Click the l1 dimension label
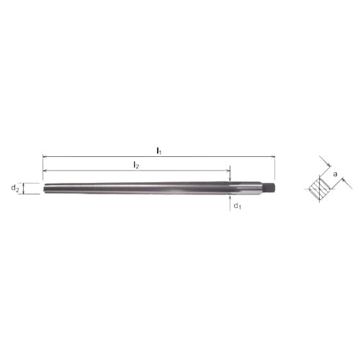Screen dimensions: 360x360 click(x=158, y=150)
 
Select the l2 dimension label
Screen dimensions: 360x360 click(x=135, y=165)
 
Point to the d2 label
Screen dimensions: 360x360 click(x=14, y=189)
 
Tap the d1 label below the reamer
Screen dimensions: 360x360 click(x=236, y=207)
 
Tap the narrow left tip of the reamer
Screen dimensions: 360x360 click(x=45, y=189)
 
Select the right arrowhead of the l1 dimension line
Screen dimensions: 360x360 click(x=274, y=156)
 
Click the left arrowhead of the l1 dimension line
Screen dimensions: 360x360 click(x=45, y=156)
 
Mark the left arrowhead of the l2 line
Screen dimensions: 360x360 click(x=45, y=171)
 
